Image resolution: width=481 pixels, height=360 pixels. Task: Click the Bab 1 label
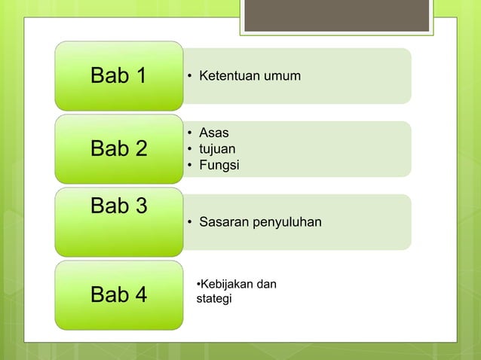tap(118, 76)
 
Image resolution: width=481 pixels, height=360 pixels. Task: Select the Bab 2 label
tap(118, 148)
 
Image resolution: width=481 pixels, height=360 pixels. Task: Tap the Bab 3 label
tap(118, 206)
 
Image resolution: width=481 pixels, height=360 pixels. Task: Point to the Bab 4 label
tap(118, 294)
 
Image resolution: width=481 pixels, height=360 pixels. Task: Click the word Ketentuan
tap(226, 76)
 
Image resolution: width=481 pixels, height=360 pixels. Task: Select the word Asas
tap(213, 134)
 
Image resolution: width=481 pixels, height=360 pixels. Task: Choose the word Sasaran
tap(222, 222)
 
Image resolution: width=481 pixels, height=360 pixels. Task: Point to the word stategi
tap(213, 299)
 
